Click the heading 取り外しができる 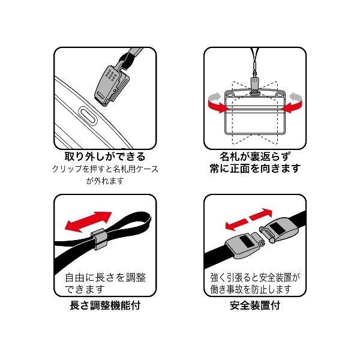pyautogui.click(x=105, y=157)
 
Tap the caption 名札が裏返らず pyautogui.click(x=255, y=157)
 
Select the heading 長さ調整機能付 pyautogui.click(x=105, y=305)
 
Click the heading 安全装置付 pyautogui.click(x=255, y=305)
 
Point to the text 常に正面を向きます pyautogui.click(x=255, y=168)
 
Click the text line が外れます pyautogui.click(x=105, y=181)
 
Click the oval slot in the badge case pyautogui.click(x=88, y=116)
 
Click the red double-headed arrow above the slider pyautogui.click(x=88, y=221)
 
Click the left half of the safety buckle pyautogui.click(x=244, y=245)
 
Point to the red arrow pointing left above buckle pyautogui.click(x=236, y=224)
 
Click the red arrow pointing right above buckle pyautogui.click(x=261, y=214)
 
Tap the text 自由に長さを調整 pyautogui.click(x=106, y=277)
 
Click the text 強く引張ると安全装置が pyautogui.click(x=256, y=277)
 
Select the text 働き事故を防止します pyautogui.click(x=251, y=289)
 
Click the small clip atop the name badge pyautogui.click(x=254, y=86)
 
